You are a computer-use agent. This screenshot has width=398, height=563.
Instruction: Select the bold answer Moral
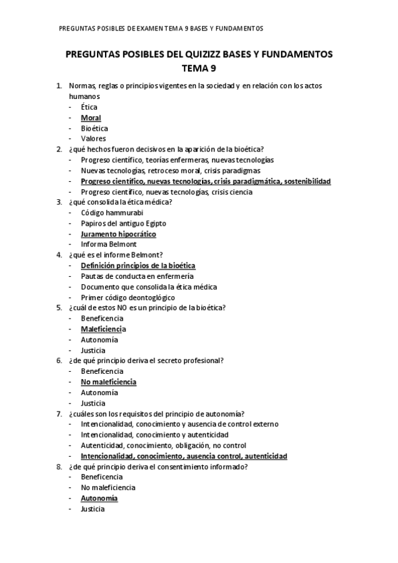91,118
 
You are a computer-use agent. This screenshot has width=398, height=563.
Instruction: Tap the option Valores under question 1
94,139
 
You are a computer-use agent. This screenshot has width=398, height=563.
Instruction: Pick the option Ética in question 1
88,107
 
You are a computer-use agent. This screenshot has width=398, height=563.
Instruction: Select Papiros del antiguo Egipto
124,223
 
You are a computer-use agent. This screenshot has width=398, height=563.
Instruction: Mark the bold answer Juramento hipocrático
118,234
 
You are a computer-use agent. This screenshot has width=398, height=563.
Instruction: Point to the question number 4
59,255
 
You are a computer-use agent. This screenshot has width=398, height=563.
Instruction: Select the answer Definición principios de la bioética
138,266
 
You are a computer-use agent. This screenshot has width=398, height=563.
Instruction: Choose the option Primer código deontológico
128,297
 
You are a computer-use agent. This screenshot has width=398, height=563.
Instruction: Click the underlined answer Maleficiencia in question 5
103,329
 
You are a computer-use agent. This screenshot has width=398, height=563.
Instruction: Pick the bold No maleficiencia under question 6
108,382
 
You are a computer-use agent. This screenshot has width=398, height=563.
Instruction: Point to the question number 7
59,414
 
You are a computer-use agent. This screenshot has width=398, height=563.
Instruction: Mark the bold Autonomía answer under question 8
99,498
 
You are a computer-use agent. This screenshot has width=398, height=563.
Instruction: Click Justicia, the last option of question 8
93,509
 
